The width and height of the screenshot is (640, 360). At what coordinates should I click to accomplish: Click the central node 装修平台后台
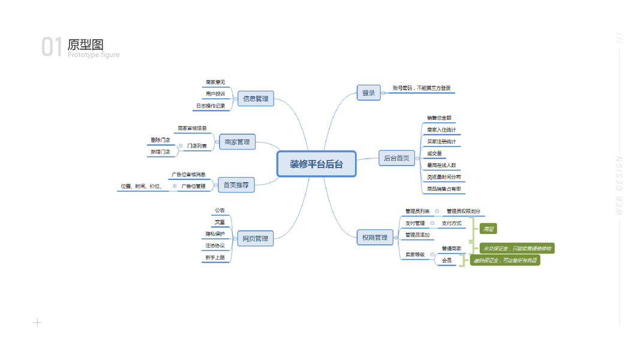click(x=316, y=164)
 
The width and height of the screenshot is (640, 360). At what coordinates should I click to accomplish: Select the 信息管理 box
click(x=256, y=98)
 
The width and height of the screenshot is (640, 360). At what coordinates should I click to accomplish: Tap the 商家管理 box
click(x=237, y=142)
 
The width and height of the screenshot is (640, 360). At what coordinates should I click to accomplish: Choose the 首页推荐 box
click(x=235, y=185)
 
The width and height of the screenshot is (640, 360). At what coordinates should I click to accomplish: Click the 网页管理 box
click(x=255, y=239)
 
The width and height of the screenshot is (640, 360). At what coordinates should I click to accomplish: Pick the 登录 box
click(x=368, y=92)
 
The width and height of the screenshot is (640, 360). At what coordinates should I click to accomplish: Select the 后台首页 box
click(x=396, y=158)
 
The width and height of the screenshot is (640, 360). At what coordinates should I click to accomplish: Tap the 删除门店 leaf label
click(x=160, y=140)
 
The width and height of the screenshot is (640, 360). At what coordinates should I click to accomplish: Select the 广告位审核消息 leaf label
click(x=188, y=175)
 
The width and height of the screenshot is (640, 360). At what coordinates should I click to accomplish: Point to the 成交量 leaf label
click(x=434, y=154)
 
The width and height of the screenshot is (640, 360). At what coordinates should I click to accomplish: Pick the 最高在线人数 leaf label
click(x=441, y=165)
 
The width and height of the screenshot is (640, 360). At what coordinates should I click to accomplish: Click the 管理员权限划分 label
click(x=463, y=211)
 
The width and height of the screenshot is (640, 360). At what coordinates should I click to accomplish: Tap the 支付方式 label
click(x=452, y=223)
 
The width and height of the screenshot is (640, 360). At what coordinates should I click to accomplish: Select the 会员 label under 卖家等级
click(x=446, y=260)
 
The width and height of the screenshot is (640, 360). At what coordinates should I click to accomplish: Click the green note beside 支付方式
click(x=488, y=229)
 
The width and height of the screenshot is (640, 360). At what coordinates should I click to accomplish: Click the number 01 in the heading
click(x=52, y=47)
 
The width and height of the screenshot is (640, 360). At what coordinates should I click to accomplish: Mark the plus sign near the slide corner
click(x=37, y=323)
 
